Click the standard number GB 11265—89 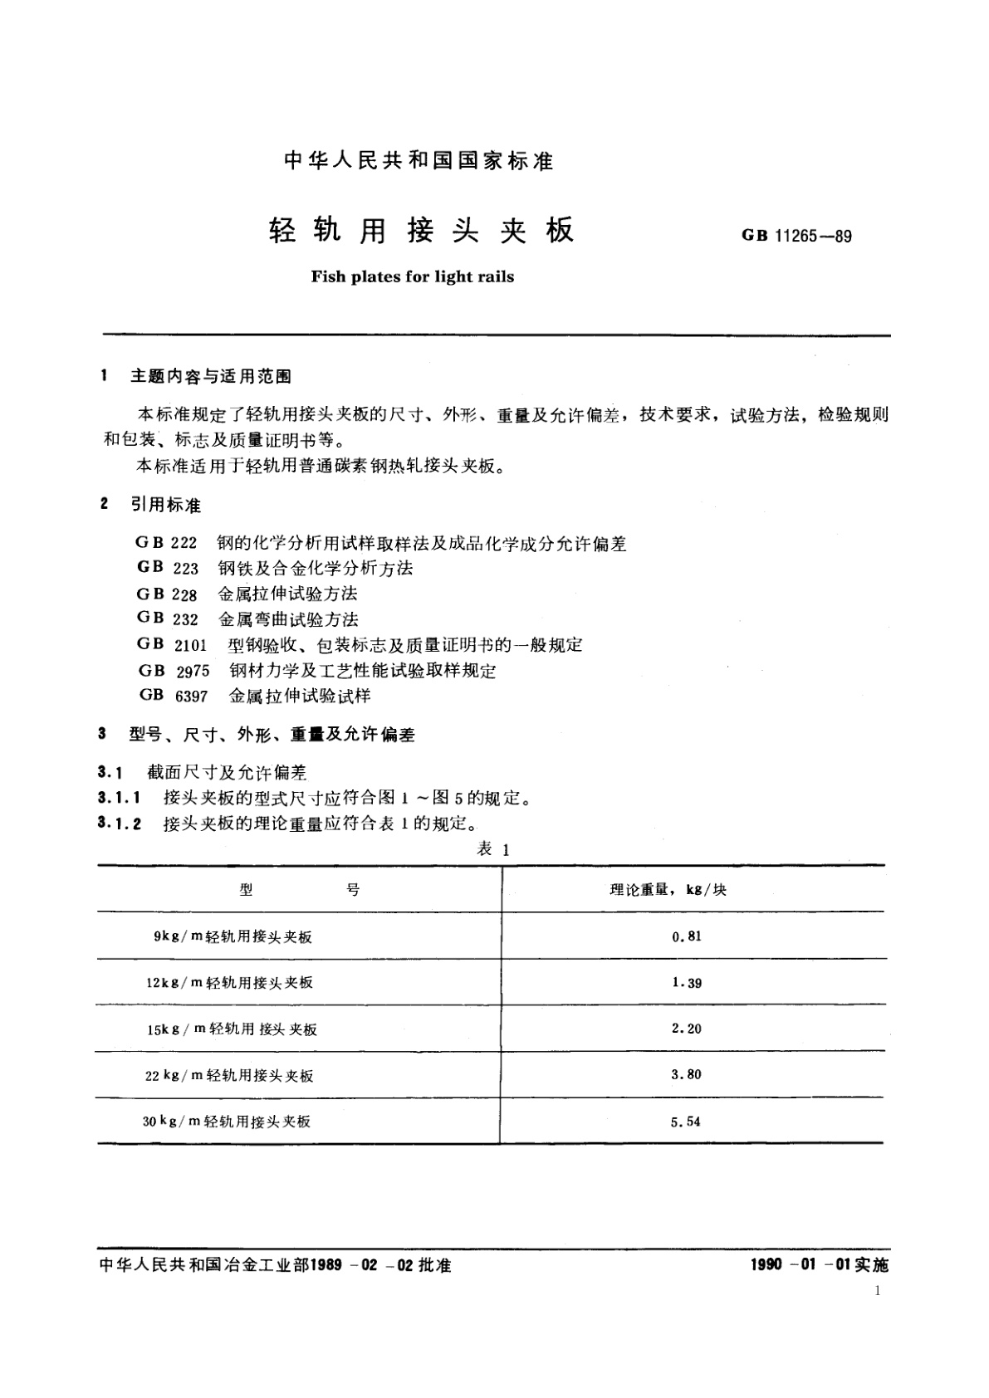(x=796, y=236)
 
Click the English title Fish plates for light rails (x=412, y=276)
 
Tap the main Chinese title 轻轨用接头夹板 (x=421, y=232)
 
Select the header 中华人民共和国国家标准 (x=419, y=160)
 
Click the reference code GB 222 (x=166, y=543)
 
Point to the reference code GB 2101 (x=172, y=644)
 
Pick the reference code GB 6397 (x=173, y=696)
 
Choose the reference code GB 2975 (x=174, y=670)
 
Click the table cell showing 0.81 (x=686, y=936)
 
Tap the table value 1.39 (x=686, y=982)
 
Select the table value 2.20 (x=686, y=1029)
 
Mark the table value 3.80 (x=686, y=1074)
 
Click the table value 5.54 (x=686, y=1121)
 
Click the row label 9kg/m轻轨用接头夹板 (x=233, y=936)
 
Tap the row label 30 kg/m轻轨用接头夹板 (x=226, y=1121)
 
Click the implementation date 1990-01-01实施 (x=819, y=1265)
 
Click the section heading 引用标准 (x=165, y=505)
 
